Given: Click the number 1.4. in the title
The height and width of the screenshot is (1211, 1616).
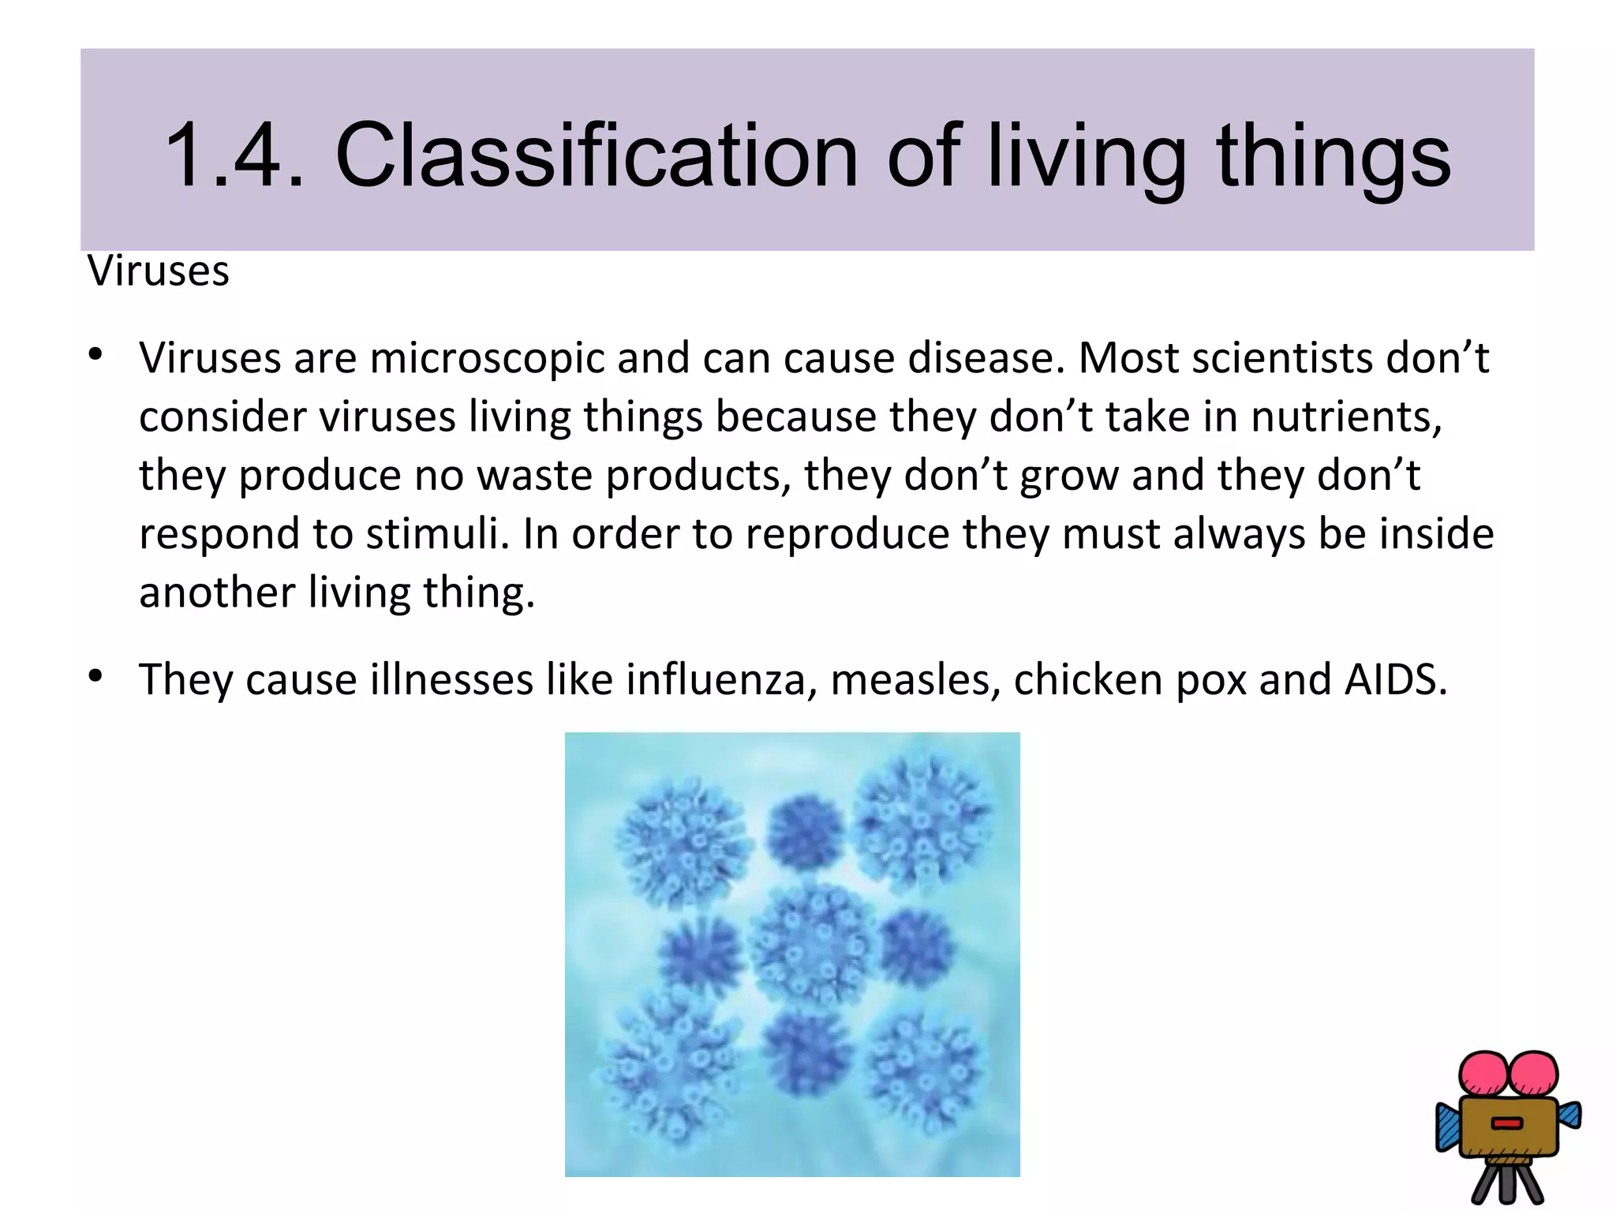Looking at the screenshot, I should (234, 155).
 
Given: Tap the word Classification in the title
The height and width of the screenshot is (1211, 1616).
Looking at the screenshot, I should (596, 155).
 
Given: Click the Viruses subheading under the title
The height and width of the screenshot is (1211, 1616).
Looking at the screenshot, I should (159, 271).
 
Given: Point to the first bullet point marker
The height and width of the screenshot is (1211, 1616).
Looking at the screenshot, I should (96, 355).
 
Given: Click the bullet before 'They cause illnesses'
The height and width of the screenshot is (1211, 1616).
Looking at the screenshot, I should (96, 676).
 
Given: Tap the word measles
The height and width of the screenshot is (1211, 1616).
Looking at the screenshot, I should (915, 680).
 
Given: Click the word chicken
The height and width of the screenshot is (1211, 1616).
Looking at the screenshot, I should (1087, 680).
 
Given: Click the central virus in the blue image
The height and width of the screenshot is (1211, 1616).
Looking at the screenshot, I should (813, 944).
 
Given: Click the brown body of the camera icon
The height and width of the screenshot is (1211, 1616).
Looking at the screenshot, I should (1507, 1127).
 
